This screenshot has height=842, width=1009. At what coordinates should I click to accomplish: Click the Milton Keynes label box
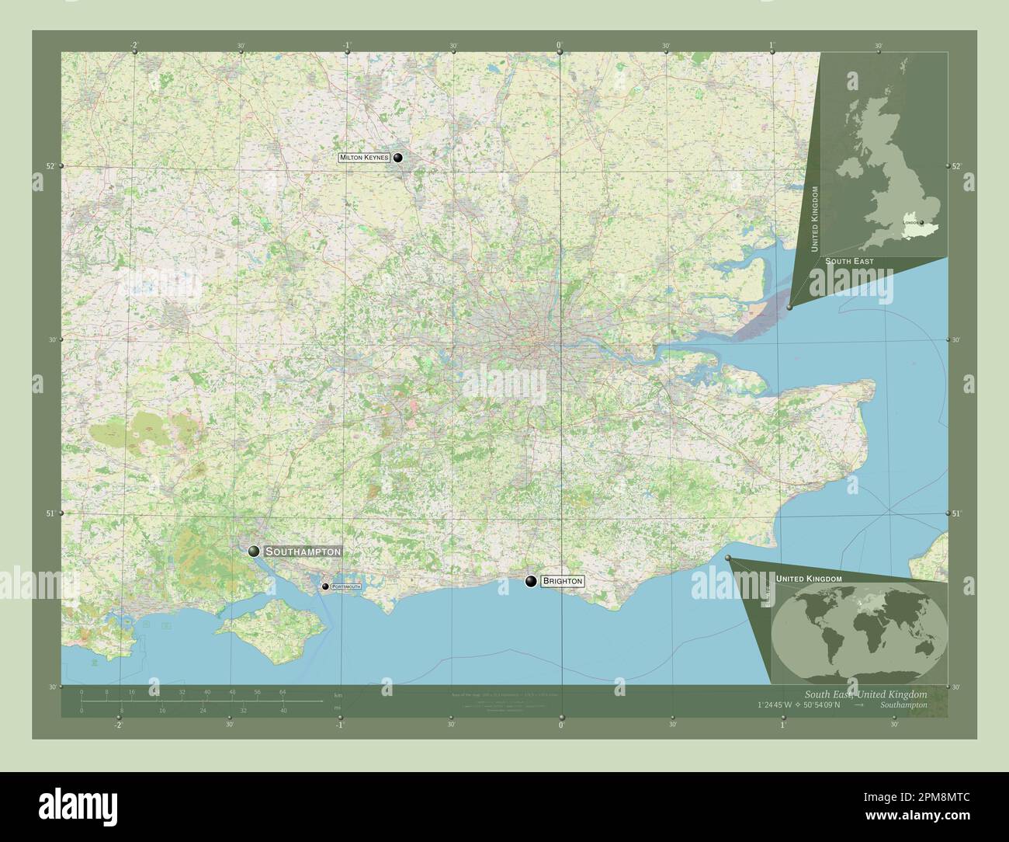coord(364,158)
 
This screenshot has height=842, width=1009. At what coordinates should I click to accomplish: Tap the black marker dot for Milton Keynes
coord(398,158)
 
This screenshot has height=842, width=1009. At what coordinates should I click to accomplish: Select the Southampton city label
coord(302,551)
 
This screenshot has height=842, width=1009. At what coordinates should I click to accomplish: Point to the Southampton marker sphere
coord(254,551)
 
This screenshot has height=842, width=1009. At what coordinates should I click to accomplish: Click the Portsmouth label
coord(345,586)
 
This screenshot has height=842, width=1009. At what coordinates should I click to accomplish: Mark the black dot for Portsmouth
coord(326,586)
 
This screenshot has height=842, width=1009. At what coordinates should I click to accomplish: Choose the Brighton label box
coord(563,581)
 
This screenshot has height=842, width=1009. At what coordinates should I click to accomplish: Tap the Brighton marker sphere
coord(531,581)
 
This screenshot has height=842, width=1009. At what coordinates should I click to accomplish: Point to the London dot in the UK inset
coord(922,223)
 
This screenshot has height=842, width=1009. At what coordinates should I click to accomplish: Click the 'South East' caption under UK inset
coord(849,262)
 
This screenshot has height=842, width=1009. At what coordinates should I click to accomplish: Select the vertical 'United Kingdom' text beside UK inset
coord(814,219)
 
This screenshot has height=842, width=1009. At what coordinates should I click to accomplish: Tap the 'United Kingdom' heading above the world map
coord(809,579)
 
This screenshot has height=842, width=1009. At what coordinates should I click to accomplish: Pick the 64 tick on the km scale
coord(283,691)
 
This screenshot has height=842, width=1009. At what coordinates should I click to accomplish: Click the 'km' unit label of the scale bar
coord(337,694)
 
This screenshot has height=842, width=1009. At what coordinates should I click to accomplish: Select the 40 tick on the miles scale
coord(283,710)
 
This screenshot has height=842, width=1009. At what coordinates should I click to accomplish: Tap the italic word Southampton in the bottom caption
coord(903,705)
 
